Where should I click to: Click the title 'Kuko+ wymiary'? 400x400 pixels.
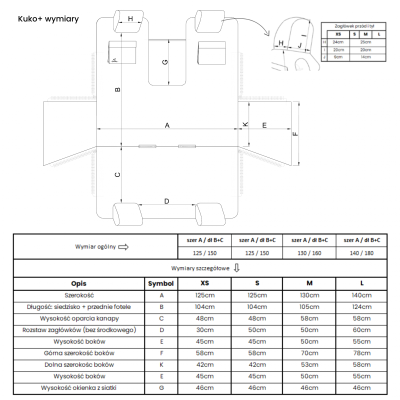click(x=48, y=19)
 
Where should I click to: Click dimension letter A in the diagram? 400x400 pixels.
click(x=167, y=125)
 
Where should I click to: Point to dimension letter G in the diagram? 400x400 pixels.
click(x=165, y=62)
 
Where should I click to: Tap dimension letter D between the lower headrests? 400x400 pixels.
click(x=167, y=201)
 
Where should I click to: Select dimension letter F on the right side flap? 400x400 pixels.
click(x=294, y=133)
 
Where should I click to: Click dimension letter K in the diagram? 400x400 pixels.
click(x=245, y=124)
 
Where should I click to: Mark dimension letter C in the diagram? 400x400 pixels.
click(x=117, y=174)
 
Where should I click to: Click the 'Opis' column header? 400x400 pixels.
click(x=79, y=283)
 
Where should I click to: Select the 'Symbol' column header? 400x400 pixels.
click(x=161, y=283)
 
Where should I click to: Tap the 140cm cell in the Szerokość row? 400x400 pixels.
click(x=361, y=295)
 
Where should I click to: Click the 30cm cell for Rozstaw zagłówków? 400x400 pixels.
click(x=204, y=330)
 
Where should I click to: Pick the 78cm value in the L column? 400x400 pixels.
click(x=361, y=353)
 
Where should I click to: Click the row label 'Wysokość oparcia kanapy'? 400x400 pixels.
click(x=79, y=318)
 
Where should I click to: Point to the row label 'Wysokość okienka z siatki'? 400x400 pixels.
click(x=79, y=387)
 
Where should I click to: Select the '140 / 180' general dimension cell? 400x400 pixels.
click(x=361, y=253)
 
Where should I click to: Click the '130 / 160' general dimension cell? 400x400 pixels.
click(x=309, y=253)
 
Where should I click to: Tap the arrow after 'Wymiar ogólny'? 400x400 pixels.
click(x=123, y=246)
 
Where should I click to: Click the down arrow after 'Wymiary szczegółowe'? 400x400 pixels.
click(x=236, y=268)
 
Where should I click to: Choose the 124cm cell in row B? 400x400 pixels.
click(x=361, y=307)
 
